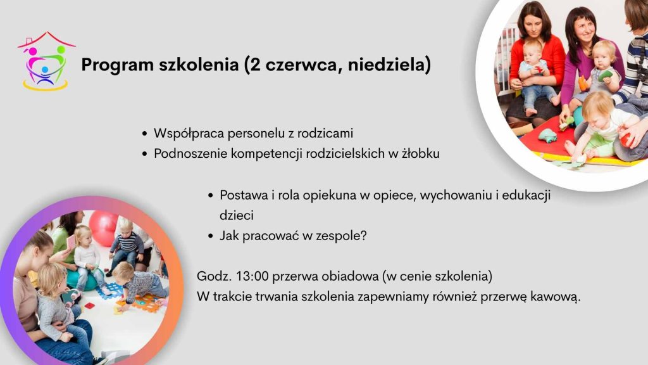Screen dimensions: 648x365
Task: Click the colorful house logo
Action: tap(46, 61)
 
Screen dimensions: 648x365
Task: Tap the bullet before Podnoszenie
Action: tap(144, 154)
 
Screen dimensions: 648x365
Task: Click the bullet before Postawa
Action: tap(210, 195)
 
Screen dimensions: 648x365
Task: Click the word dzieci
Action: tap(237, 215)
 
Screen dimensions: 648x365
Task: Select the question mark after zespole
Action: tap(363, 236)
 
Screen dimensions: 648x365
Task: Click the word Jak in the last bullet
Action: tap(229, 236)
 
